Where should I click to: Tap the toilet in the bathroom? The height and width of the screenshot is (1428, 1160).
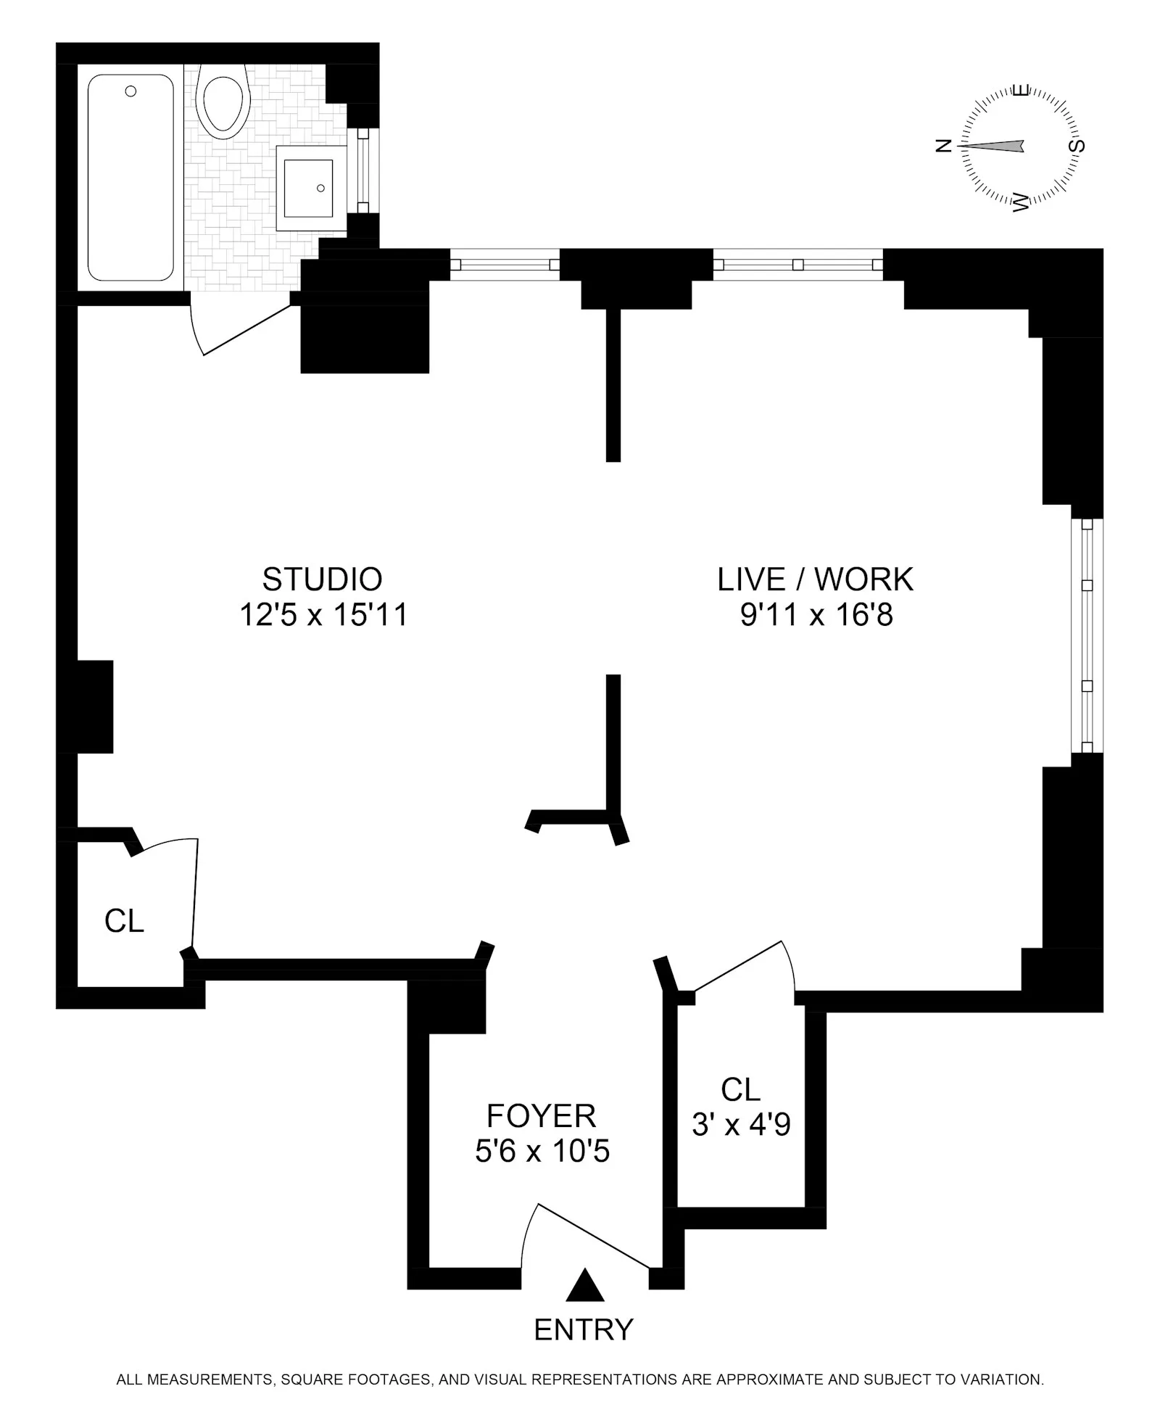(x=225, y=101)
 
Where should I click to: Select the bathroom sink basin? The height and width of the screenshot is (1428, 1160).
(x=308, y=188)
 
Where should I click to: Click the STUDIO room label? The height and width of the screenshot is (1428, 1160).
(x=322, y=579)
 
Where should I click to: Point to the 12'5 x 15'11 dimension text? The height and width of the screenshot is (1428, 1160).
(x=323, y=616)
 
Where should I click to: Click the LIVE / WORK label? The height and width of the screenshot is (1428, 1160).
(x=815, y=579)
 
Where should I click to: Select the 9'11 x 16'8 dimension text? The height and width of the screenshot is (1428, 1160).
(x=816, y=616)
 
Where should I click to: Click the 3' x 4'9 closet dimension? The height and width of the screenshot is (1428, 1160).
(x=741, y=1125)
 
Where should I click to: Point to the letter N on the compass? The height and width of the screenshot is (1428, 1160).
(x=943, y=146)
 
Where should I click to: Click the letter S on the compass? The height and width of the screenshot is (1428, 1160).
(x=1079, y=146)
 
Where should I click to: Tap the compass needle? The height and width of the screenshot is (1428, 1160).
(x=993, y=146)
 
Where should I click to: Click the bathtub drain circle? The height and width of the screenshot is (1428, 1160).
(x=130, y=91)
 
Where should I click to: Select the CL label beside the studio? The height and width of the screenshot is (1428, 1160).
(x=124, y=921)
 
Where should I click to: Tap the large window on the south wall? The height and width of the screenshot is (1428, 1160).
(x=1086, y=636)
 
